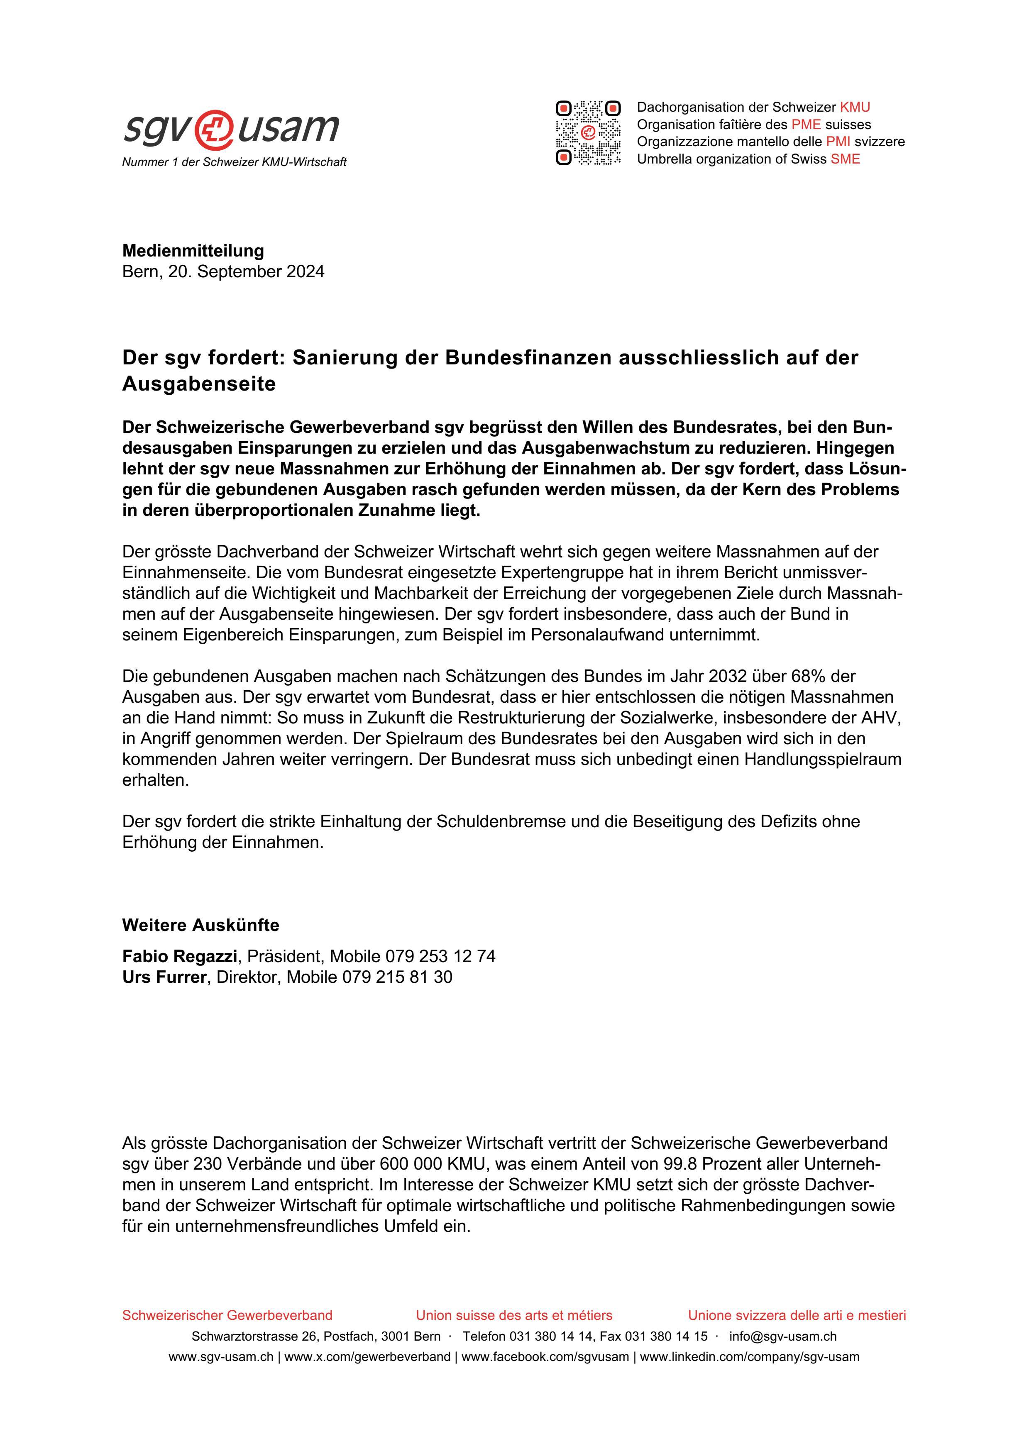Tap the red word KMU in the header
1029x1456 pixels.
[855, 107]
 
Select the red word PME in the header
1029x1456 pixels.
[805, 124]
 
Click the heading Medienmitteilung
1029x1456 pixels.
[193, 251]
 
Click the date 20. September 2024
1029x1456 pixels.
[246, 271]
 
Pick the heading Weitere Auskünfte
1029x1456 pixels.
[200, 925]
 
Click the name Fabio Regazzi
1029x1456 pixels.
[179, 956]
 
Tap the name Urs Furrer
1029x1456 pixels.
[164, 977]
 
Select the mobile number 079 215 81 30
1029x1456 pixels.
[397, 977]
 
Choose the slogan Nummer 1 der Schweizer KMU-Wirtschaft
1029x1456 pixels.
[234, 162]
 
